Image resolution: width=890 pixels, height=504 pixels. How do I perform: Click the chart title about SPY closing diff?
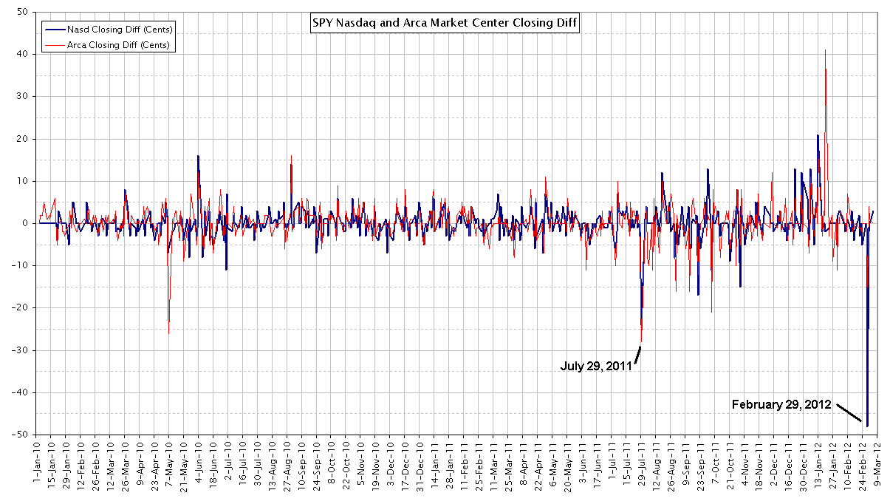pos(445,23)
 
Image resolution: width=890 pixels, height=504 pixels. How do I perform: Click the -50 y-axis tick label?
pos(21,435)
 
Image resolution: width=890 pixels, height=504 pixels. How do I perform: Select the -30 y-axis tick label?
pos(21,350)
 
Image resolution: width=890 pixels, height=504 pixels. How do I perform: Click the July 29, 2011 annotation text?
pos(595,365)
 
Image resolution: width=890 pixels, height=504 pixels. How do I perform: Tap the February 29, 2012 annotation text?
pos(781,405)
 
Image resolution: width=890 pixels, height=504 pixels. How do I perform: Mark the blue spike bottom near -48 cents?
pos(867,426)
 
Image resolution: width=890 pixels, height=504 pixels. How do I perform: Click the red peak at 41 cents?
pos(825,50)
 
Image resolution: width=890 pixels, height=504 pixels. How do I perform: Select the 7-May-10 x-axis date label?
pos(168,463)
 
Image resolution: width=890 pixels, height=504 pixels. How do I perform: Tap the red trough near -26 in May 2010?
pos(168,333)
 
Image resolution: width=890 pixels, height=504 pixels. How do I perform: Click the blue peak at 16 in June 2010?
pos(197,156)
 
